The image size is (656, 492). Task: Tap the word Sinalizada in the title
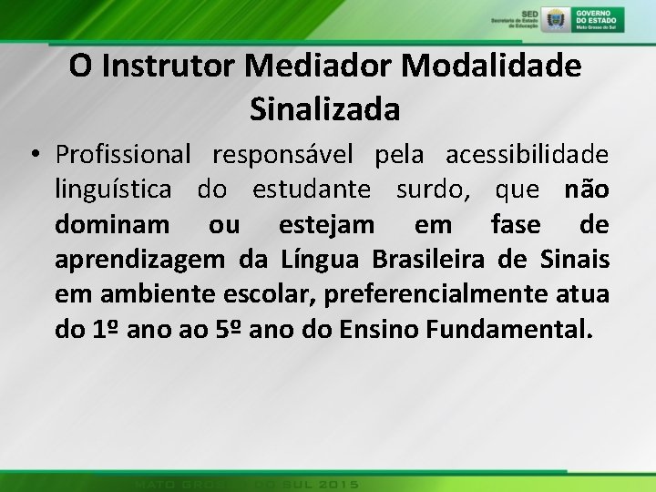pyautogui.click(x=323, y=108)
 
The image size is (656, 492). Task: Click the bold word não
pyautogui.click(x=586, y=190)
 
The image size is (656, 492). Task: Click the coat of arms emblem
pyautogui.click(x=554, y=18)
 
